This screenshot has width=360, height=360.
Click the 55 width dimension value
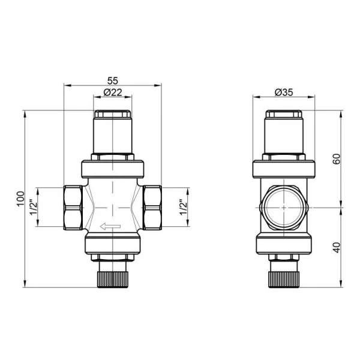point(112,79)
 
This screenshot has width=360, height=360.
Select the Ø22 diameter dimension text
point(112,92)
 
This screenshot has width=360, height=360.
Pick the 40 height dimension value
point(336,247)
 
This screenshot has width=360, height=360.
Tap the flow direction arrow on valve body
point(112,226)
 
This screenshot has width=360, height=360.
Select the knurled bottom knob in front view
point(112,278)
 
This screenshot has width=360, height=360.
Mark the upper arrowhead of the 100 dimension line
point(26,113)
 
